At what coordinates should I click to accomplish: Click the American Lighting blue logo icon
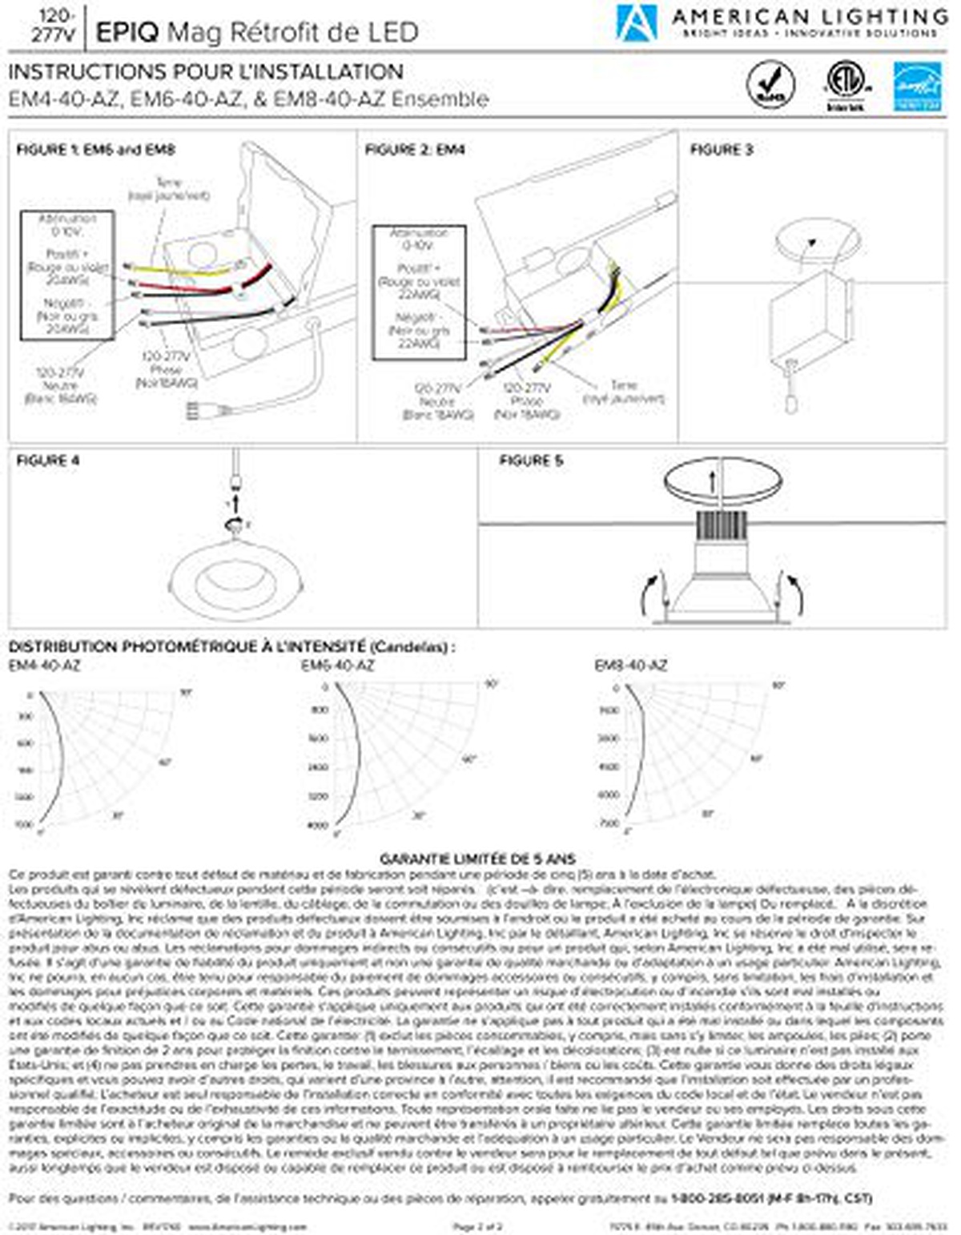637,22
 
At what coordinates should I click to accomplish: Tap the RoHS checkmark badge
770,84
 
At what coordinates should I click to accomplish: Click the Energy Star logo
917,86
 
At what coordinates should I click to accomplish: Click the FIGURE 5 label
530,461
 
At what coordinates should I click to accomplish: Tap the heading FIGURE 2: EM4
415,150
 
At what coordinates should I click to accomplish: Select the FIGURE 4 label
48,461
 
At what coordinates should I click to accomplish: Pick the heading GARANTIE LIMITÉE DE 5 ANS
477,859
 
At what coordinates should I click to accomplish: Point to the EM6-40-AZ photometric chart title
337,666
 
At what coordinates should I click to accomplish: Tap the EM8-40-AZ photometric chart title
630,666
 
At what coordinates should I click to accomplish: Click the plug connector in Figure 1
195,411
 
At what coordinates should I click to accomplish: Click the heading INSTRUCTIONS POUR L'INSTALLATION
206,72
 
